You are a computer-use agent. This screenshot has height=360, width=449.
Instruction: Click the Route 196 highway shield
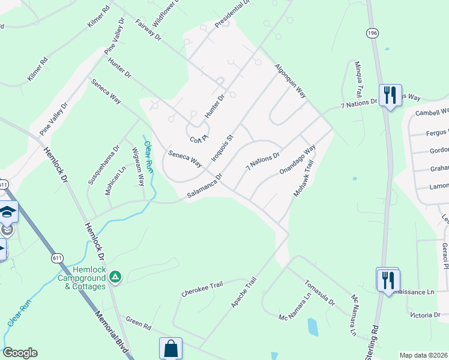[374, 34]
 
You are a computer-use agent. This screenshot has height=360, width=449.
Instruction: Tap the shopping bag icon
[170, 348]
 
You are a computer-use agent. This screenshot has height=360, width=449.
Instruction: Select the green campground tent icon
[115, 277]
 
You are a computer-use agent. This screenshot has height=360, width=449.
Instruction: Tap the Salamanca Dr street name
[205, 186]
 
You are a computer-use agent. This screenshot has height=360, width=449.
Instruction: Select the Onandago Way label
[297, 160]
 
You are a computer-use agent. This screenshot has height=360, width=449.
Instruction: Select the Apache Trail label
[244, 293]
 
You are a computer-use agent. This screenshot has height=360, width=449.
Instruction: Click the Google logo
[19, 353]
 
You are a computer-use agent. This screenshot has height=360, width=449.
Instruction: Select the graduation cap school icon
[8, 211]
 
